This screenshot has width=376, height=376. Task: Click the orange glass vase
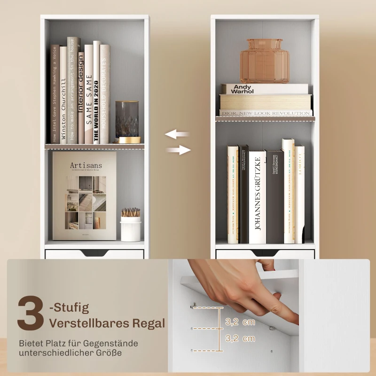click(265, 61)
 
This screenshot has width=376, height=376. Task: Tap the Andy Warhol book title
click(243, 89)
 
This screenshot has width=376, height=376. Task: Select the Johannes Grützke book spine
click(258, 197)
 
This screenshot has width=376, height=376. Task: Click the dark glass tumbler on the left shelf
click(127, 119)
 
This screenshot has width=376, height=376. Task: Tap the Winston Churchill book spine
click(63, 94)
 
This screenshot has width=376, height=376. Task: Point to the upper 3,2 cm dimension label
click(240, 322)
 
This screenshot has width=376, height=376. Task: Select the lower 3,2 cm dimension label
click(240, 338)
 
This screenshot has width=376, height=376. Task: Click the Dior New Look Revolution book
click(265, 113)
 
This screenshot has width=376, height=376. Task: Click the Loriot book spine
click(299, 193)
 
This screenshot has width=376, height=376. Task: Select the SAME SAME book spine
click(88, 94)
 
